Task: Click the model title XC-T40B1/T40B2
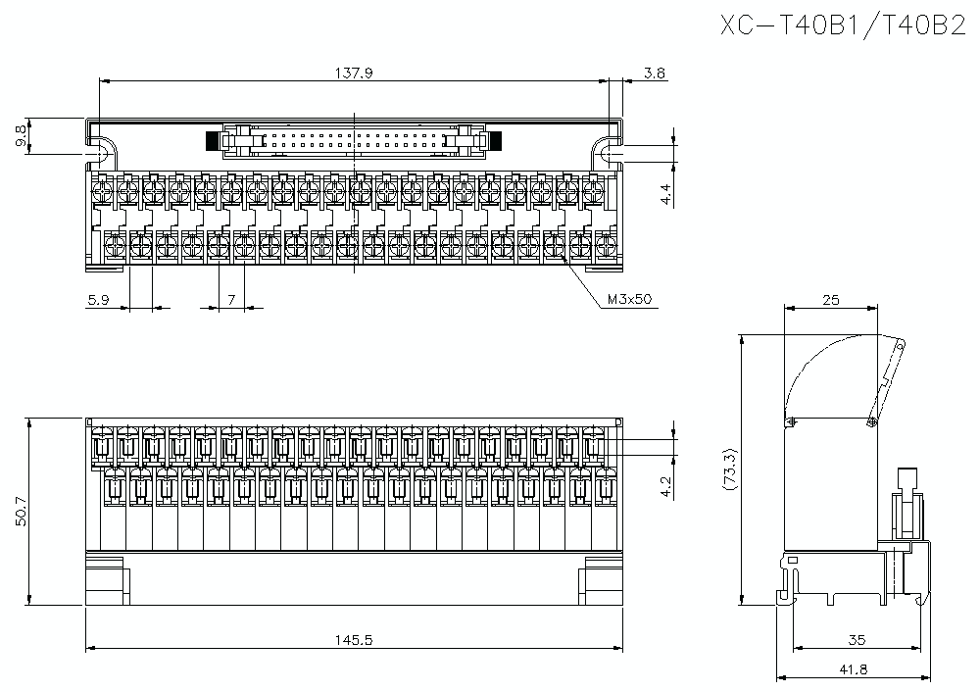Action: coord(843,26)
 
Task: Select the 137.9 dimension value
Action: coord(354,73)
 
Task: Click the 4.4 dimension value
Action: coord(666,193)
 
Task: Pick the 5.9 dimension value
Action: coord(98,301)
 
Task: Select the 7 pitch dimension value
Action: coord(231,301)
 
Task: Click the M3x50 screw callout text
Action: coord(628,301)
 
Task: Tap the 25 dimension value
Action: coord(830,301)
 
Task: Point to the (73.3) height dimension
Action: coord(727,470)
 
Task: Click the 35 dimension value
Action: coord(856,641)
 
